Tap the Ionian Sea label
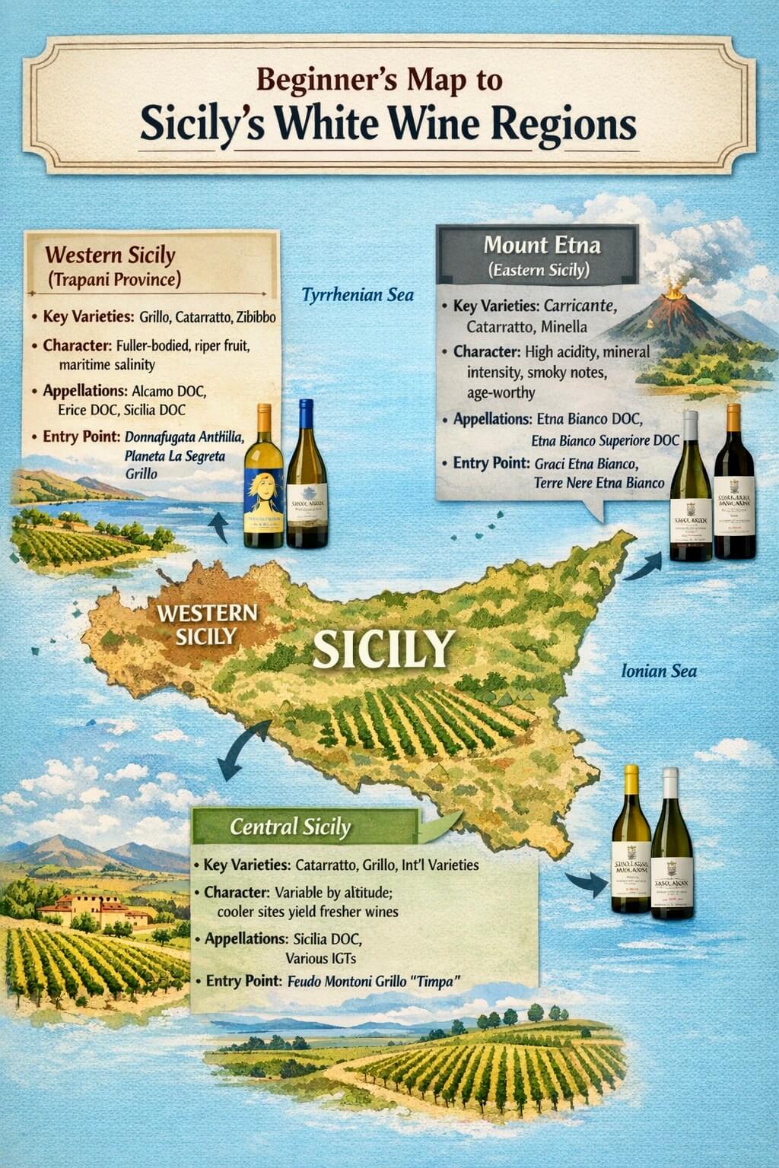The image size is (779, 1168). point(659,671)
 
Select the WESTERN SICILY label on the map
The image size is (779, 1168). point(206,624)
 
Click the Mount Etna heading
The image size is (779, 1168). point(542,245)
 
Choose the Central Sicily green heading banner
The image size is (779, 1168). point(291,827)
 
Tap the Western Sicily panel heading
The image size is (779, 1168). point(110,255)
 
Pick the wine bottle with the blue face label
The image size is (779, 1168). point(263,479)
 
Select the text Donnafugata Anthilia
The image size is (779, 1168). point(183,437)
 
